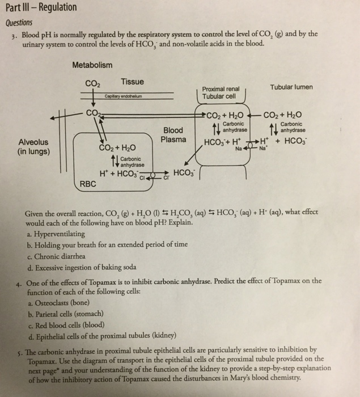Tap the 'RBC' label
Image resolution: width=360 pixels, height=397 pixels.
[x=87, y=183]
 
